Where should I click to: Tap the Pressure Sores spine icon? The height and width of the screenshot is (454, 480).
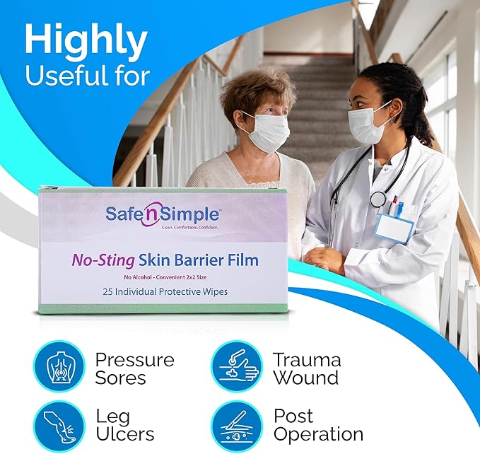click(x=59, y=366)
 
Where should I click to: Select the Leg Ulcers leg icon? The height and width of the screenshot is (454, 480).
click(x=59, y=426)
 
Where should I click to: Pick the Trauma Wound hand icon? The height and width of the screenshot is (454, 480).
click(x=238, y=366)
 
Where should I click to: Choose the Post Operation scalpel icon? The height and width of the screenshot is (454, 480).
click(x=238, y=426)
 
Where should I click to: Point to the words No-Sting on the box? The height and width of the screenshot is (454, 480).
click(x=103, y=260)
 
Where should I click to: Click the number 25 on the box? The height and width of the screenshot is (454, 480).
click(x=107, y=292)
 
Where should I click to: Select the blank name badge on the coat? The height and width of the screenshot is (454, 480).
click(x=394, y=228)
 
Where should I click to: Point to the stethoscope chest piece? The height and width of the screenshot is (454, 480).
click(x=378, y=199)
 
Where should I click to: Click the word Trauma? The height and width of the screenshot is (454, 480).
click(x=307, y=359)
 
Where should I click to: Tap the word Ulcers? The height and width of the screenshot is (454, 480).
click(x=125, y=434)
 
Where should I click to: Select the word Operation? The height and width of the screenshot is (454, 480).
click(x=318, y=435)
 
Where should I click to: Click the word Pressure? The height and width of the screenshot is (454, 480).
click(x=135, y=360)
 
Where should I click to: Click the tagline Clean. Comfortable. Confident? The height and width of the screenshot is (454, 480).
click(x=189, y=228)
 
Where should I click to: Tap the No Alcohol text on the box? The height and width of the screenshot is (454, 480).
click(x=137, y=277)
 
